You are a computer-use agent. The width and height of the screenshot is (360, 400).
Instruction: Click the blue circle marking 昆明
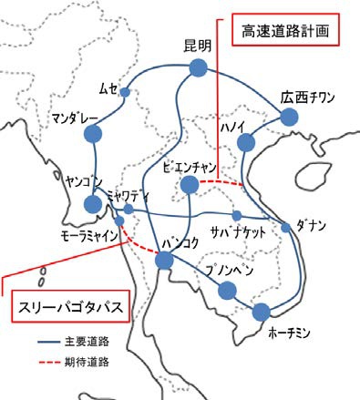[x=198, y=68]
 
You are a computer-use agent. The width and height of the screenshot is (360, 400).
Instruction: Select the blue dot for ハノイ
[x=246, y=143]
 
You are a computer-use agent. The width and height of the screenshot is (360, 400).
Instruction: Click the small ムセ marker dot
[x=125, y=93]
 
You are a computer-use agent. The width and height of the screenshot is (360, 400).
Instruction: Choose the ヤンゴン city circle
[x=92, y=204]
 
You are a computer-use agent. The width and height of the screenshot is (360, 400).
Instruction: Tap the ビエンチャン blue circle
[x=190, y=185]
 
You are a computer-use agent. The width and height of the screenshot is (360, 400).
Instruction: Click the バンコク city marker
[x=165, y=262]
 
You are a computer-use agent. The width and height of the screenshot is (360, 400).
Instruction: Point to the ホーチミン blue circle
[x=262, y=310]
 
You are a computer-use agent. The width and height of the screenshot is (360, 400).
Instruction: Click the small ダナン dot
[x=286, y=227]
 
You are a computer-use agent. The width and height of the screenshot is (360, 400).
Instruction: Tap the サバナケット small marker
[x=236, y=215]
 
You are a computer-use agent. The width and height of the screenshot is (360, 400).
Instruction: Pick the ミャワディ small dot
[x=129, y=210]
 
